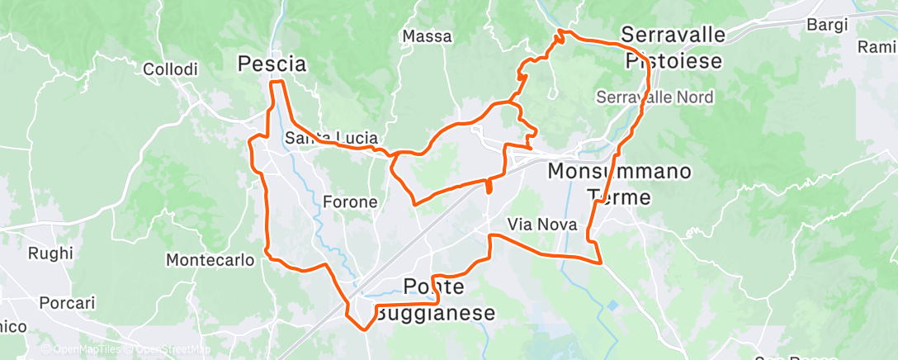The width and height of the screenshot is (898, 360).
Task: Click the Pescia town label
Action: coord(272,64)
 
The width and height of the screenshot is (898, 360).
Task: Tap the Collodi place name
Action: coord(170,70)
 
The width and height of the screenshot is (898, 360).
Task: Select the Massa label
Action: coord(427,36)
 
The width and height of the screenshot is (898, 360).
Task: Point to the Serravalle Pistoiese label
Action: coord(673,48)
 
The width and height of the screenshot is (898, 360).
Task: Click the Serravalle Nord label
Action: coord(655,97)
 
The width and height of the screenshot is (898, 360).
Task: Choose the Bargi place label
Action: coord(827,25)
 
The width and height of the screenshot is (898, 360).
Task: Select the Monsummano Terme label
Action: coord(620,184)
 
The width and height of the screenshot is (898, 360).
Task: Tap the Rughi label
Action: coord(50,253)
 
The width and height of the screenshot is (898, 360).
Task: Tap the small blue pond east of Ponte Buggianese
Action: coord(613,306)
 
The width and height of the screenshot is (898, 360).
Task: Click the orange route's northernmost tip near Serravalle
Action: coord(562,31)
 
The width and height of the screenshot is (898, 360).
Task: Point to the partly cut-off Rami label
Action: coord(877,46)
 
